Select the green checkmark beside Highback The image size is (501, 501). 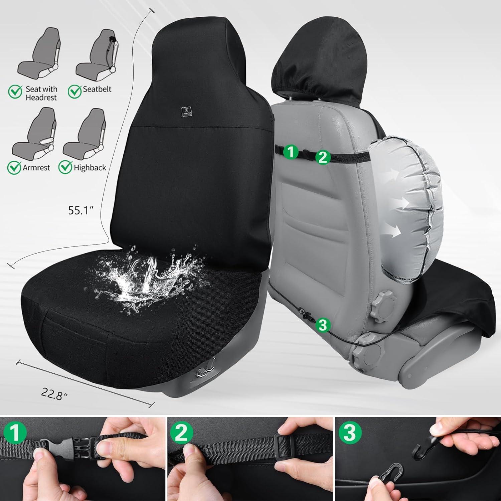click(x=65, y=167)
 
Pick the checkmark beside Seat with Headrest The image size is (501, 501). click(x=15, y=91)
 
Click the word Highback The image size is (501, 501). click(x=90, y=167)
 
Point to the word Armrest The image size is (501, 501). click(x=36, y=167)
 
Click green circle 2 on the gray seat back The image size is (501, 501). click(x=323, y=157)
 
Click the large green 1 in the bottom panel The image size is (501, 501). click(x=14, y=433)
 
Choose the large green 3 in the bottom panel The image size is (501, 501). click(x=349, y=434)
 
